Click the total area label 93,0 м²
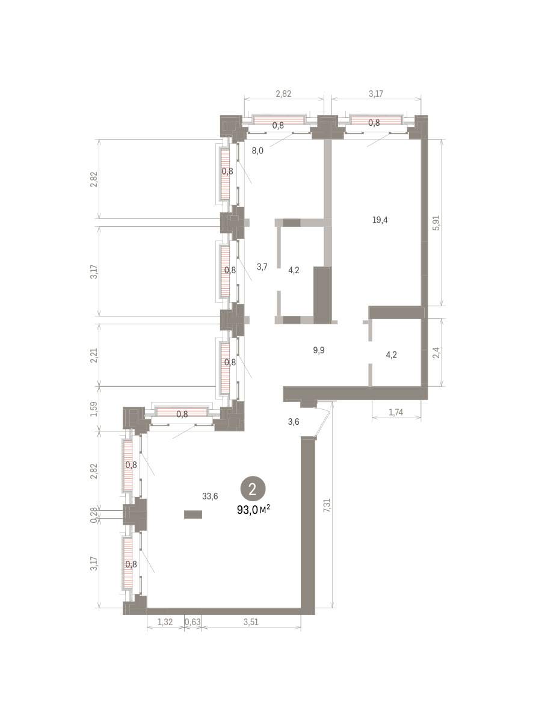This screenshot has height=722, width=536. point(253,510)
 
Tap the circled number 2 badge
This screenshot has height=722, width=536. point(253,489)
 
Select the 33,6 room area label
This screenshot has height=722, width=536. point(210,496)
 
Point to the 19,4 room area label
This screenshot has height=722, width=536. point(380,220)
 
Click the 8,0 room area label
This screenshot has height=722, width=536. point(257,150)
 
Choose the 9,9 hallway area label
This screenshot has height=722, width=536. point(319,350)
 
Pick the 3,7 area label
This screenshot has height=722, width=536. point(262,267)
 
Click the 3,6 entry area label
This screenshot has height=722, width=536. point(294,422)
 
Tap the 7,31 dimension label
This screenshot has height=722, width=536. point(327,506)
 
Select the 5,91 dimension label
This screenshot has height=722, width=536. point(436,223)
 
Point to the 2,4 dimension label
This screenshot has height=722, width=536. point(436,353)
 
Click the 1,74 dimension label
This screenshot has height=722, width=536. point(396,412)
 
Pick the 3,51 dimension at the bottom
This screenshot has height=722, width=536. point(251,622)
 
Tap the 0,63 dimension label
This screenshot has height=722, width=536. point(193,622)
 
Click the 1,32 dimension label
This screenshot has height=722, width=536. point(165,622)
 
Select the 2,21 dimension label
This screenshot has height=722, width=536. point(94,356)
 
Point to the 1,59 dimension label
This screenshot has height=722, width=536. point(94,409)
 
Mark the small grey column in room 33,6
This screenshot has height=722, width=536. point(193,514)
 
